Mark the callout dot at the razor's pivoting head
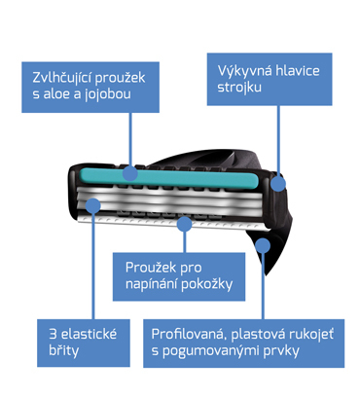pos(278,180)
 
